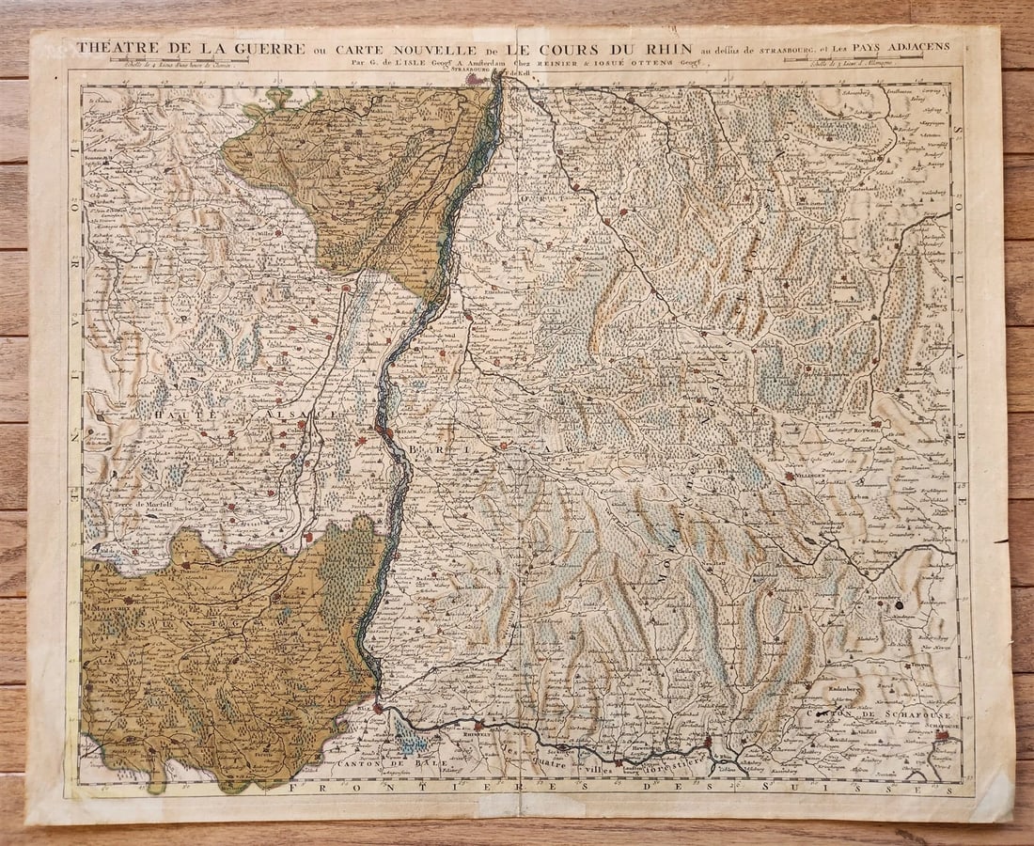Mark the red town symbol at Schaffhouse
(942, 736)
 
